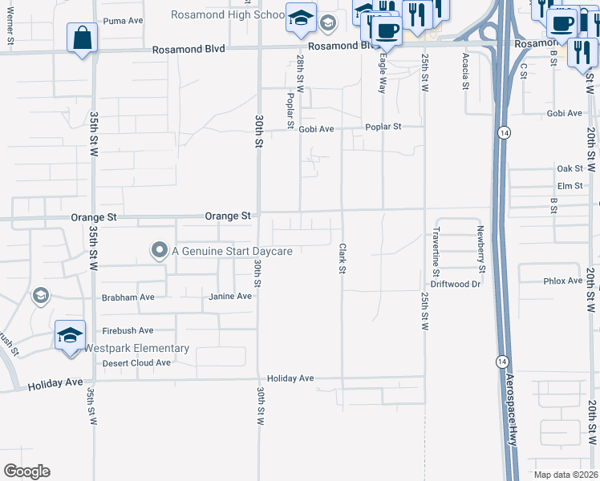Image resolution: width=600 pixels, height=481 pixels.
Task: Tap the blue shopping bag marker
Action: click(82, 38)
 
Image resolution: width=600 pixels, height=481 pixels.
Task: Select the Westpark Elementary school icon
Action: click(70, 335)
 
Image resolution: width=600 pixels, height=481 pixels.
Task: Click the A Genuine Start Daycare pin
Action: click(159, 251)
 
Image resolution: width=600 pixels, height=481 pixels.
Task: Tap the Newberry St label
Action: click(482, 245)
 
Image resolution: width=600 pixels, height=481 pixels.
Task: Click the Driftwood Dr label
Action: click(455, 284)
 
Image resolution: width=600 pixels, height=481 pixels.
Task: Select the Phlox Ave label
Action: click(563, 281)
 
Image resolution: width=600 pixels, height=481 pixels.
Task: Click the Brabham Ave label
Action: click(128, 297)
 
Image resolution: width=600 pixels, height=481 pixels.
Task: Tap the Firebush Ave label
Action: click(128, 330)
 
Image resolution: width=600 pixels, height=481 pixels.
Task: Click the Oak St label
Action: click(570, 169)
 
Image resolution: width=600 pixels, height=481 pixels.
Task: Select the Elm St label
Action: click(570, 186)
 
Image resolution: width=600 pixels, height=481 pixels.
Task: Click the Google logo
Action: click(26, 471)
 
